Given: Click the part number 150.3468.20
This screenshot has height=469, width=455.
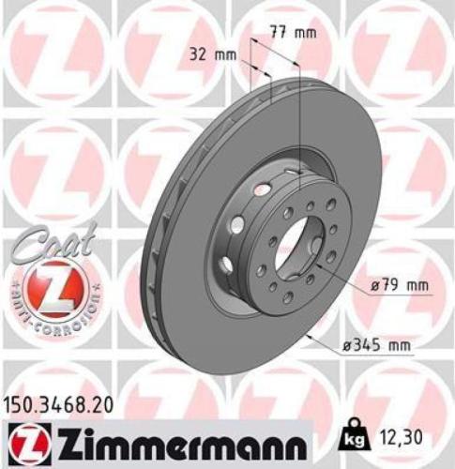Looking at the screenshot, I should [x=63, y=402].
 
